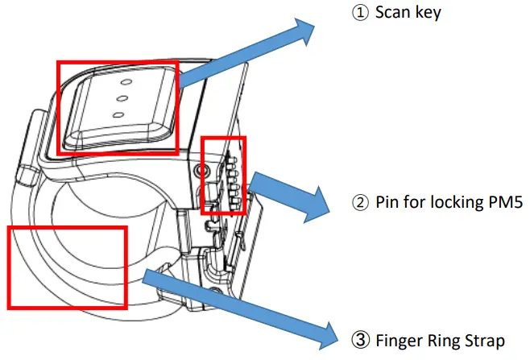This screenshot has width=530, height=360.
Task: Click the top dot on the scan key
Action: pyautogui.click(x=124, y=82)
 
